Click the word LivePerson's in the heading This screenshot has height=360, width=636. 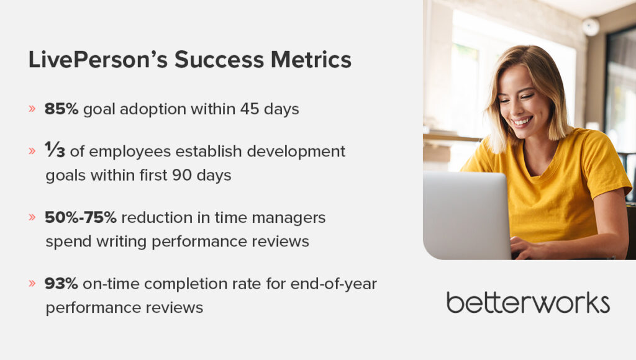[x=98, y=60]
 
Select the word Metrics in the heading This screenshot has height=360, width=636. [x=311, y=60]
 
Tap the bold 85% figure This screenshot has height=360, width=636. [x=61, y=109]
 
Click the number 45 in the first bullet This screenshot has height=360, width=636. [x=250, y=109]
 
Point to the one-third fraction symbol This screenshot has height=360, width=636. [x=55, y=150]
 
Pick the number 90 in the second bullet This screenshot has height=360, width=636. [x=182, y=175]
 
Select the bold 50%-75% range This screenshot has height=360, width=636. [x=81, y=218]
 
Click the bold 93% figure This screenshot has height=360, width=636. [x=61, y=284]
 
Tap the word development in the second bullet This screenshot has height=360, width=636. [x=296, y=151]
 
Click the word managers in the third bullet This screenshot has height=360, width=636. [x=289, y=218]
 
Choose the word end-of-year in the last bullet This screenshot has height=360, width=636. [x=334, y=284]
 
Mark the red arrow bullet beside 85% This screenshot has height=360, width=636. [x=32, y=109]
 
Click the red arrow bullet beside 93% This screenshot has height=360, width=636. [x=32, y=283]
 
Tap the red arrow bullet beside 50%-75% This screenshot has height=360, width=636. [x=32, y=217]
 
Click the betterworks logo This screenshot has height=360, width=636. [x=528, y=302]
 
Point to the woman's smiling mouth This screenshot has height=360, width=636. [x=523, y=121]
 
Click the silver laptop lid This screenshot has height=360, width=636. [x=466, y=215]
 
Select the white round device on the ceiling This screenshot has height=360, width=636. [x=591, y=27]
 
